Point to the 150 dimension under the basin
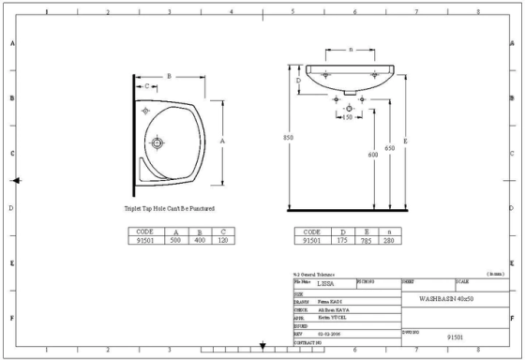pyautogui.click(x=347, y=117)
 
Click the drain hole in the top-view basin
pyautogui.click(x=158, y=143)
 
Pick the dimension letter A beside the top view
pyautogui.click(x=222, y=140)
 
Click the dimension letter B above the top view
pyautogui.click(x=169, y=75)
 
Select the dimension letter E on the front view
pyautogui.click(x=404, y=141)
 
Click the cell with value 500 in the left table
pyautogui.click(x=174, y=240)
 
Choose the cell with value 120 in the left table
pyautogui.click(x=223, y=240)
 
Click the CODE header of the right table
pyautogui.click(x=312, y=232)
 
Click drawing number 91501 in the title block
pyautogui.click(x=456, y=335)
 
